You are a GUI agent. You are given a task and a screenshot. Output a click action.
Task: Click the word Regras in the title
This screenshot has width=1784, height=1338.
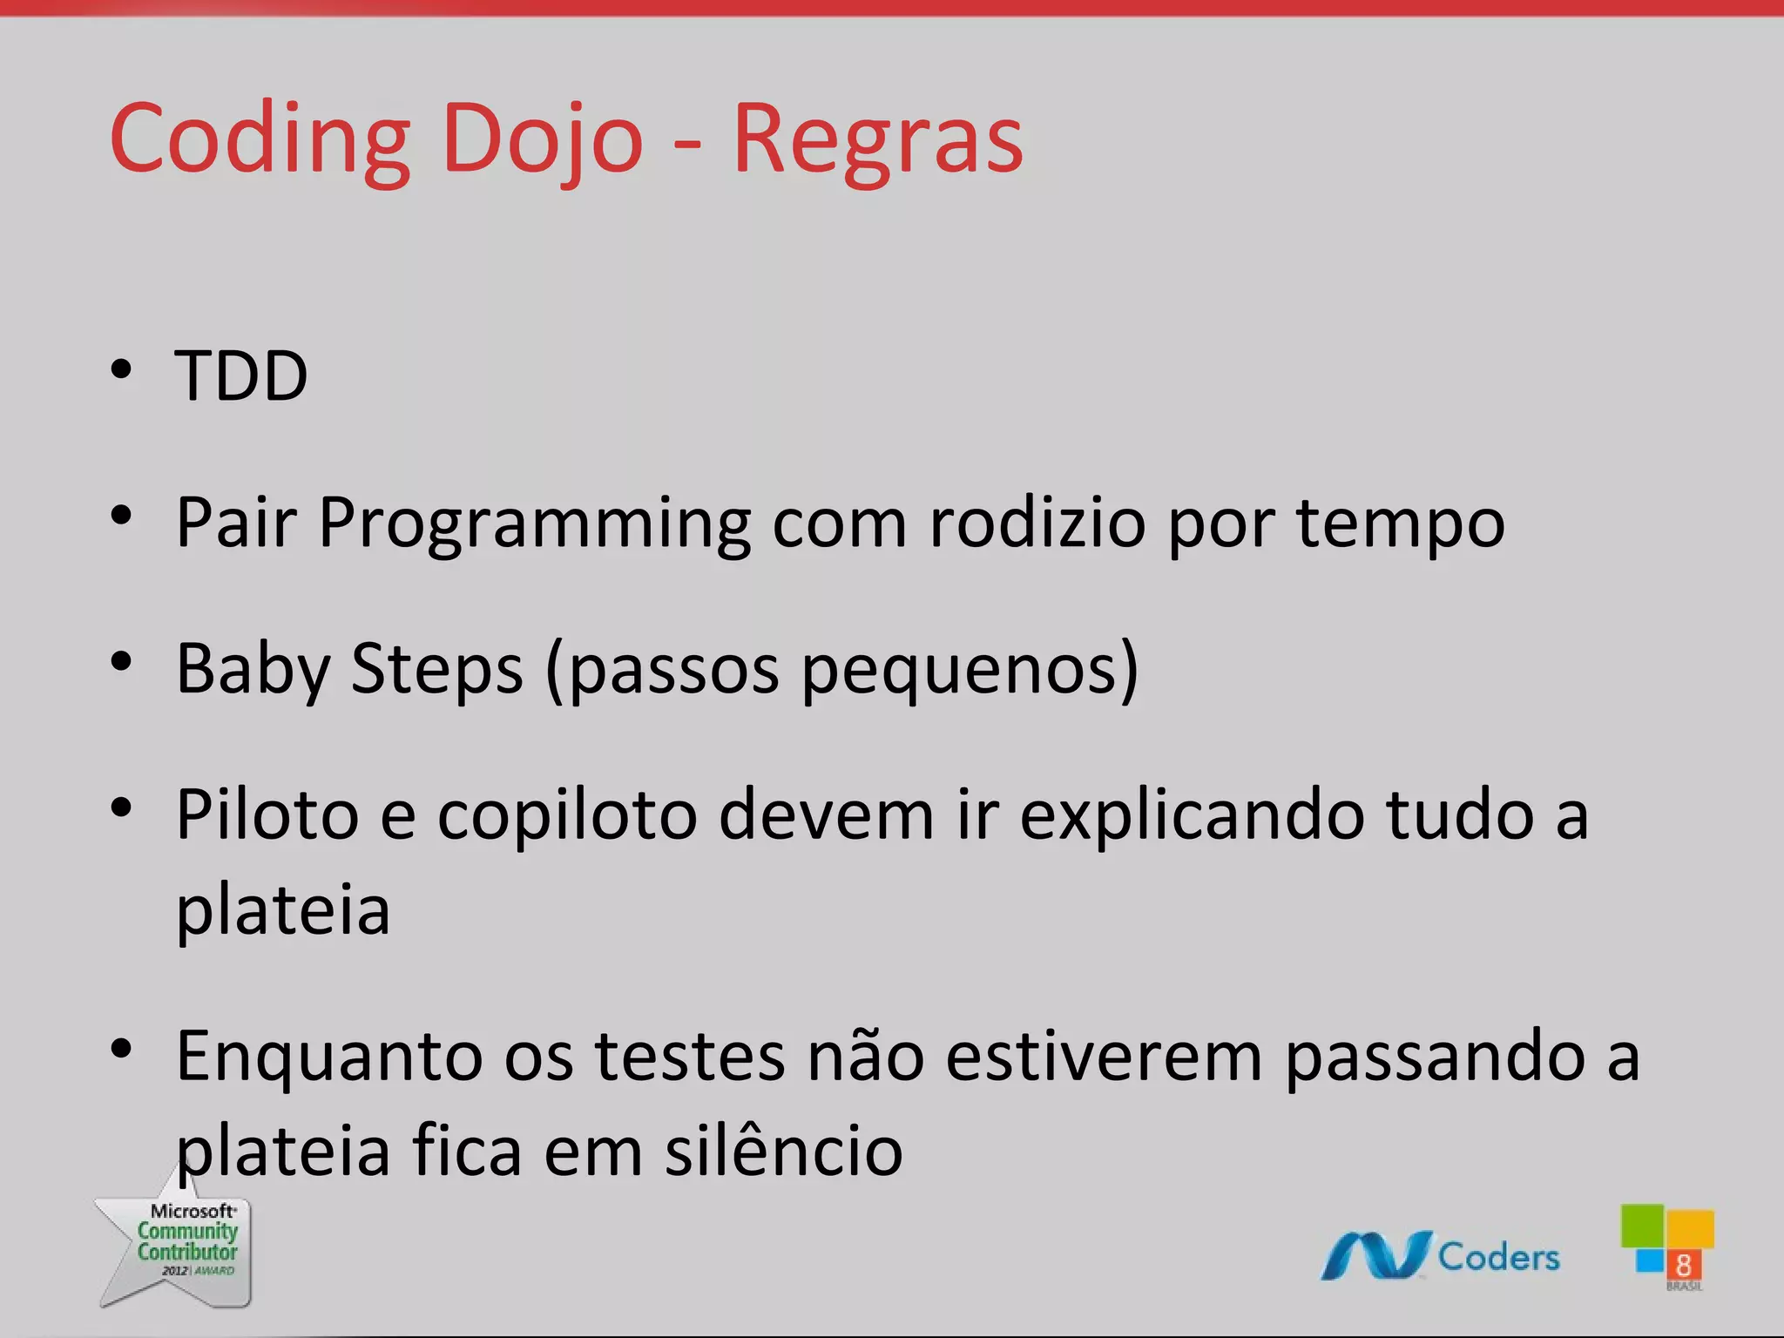coord(878,139)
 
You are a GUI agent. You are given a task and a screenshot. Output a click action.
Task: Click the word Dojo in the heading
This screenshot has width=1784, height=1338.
coord(542,139)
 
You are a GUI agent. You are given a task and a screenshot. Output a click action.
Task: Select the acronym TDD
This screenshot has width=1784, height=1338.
coord(241,375)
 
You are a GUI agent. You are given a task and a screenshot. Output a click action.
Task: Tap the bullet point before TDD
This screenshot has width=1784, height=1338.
coord(121,369)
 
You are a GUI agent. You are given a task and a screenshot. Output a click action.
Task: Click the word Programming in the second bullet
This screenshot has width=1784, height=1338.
coord(534,524)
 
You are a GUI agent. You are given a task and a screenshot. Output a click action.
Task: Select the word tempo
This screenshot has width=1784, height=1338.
coord(1400,525)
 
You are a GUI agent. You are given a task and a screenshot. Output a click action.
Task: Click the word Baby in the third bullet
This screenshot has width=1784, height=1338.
coord(253,669)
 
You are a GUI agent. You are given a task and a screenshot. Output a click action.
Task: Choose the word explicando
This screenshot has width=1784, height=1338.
coord(1191,816)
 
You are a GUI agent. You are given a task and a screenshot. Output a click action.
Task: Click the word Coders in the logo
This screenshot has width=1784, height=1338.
coord(1498,1257)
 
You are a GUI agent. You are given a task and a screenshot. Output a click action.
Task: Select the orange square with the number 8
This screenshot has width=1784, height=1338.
coord(1683,1264)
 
